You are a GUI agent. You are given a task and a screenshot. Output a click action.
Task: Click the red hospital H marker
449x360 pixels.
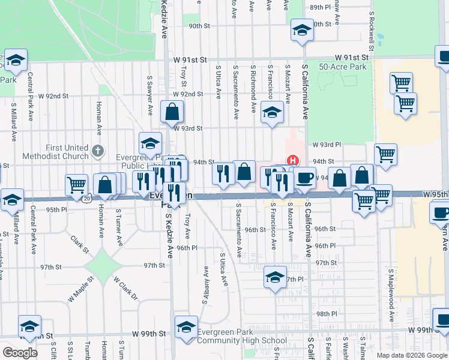294,161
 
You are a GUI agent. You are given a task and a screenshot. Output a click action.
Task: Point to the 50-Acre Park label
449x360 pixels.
342,67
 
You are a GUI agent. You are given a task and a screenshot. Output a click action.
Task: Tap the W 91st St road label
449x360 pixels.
190,60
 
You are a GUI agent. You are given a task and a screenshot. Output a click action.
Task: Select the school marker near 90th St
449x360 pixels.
302,29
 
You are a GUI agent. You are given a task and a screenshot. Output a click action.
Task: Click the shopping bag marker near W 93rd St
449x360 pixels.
172,111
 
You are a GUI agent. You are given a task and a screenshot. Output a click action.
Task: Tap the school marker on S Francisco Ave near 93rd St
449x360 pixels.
272,113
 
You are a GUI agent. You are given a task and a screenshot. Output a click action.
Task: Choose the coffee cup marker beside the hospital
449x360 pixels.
304,178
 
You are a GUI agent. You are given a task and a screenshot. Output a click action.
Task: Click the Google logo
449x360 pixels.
20,353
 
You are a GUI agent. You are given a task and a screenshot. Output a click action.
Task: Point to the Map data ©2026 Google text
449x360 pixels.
412,355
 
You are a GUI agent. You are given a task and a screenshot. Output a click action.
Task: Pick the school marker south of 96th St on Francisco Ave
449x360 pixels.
275,278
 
